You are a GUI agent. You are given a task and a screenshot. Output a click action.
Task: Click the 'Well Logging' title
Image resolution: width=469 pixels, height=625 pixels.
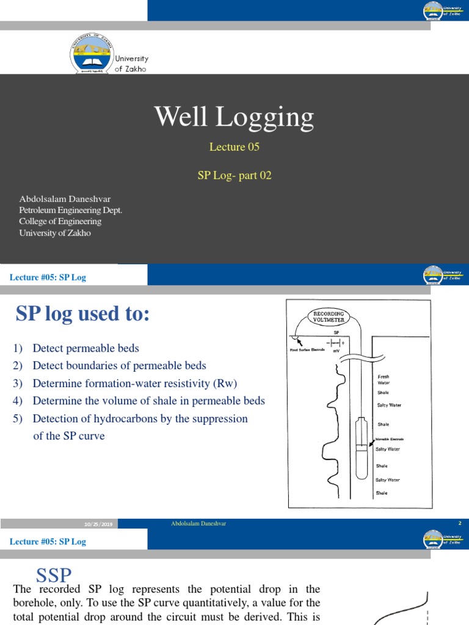click(234, 117)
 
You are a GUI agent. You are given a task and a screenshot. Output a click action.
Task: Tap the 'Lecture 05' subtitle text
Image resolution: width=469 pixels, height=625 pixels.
click(234, 147)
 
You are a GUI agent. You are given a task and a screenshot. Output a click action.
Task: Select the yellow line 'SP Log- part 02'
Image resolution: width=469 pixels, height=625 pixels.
click(234, 175)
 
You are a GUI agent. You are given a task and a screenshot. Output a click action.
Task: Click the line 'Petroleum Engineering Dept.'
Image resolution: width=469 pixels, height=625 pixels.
click(71, 211)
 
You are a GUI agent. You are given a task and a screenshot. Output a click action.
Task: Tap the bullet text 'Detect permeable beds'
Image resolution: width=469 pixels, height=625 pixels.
click(85, 349)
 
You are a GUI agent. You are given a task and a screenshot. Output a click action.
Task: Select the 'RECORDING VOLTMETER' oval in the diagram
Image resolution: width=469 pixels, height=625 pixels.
click(329, 316)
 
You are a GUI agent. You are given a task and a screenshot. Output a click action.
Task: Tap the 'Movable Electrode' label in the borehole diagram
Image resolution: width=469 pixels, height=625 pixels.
click(389, 439)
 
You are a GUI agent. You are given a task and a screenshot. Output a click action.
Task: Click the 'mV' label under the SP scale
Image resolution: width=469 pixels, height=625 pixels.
click(336, 351)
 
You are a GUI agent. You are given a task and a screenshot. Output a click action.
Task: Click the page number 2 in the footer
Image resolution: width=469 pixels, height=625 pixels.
click(459, 524)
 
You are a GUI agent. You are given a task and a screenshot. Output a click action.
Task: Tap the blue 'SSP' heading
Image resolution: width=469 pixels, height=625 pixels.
click(54, 575)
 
